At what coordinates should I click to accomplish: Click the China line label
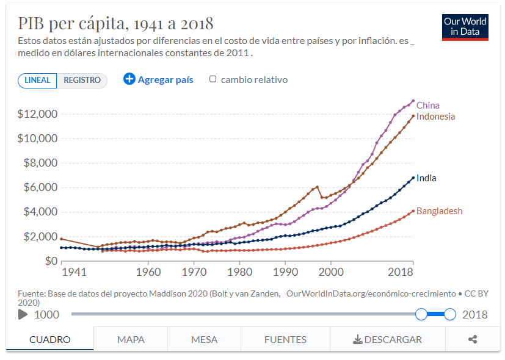pos(428,105)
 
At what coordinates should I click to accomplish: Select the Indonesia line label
pos(435,117)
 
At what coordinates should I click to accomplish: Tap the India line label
pos(426,178)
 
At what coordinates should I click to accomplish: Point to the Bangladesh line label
pos(439,211)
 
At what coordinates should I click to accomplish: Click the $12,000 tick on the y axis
pos(37,114)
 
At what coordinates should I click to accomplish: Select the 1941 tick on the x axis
pos(74,271)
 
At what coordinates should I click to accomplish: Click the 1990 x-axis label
pos(285,271)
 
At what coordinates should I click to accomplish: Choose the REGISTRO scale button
pos(82,80)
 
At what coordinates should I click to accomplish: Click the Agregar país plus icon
pos(129,79)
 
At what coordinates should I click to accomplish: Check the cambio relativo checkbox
pos(213,79)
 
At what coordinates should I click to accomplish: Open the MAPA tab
pos(131,339)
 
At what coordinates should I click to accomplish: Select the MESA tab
pos(204,339)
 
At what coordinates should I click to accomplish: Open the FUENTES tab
pos(285,339)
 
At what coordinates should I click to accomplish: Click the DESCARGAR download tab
pos(387,339)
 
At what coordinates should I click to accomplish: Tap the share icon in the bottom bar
pos(472,339)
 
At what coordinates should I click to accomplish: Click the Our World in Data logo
pos(465,27)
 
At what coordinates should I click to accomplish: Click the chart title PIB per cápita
pos(115,24)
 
